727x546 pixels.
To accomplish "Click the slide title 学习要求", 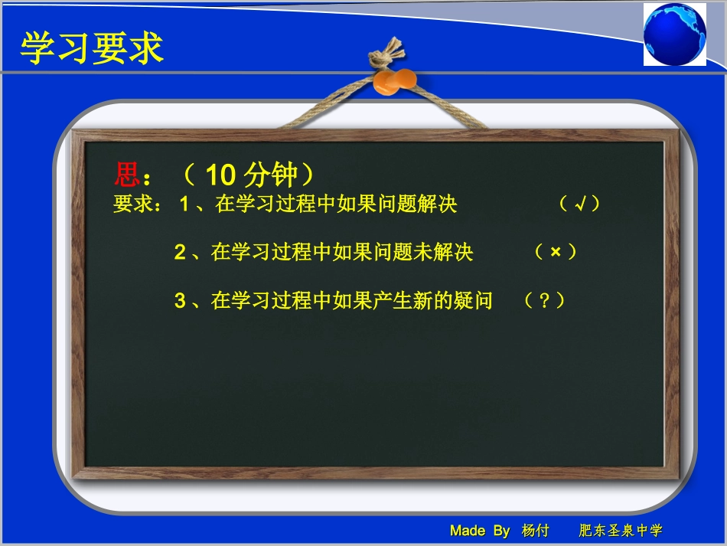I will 92,48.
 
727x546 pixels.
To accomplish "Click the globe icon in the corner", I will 674,34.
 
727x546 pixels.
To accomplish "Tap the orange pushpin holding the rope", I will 395,80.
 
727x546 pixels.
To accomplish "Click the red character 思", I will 126,175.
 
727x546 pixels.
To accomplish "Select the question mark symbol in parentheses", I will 545,301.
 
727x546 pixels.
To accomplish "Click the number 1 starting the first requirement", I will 184,205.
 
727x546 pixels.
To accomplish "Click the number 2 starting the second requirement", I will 180,253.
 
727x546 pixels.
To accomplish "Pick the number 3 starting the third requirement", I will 180,301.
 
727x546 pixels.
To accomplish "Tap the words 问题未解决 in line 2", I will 423,253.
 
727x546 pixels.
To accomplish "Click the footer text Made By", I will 480,531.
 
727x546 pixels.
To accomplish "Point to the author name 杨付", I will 536,531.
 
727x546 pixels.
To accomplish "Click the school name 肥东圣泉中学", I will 621,531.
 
